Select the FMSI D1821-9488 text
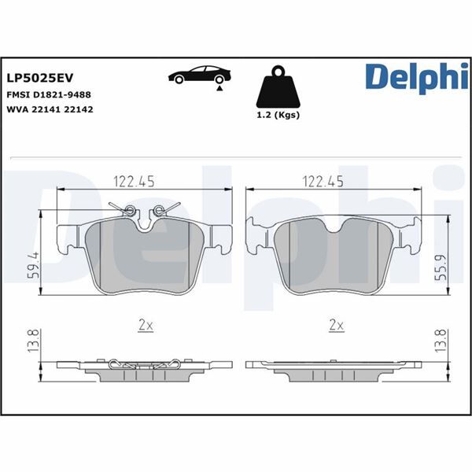tap(49, 94)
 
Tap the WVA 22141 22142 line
tap(50, 109)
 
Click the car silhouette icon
tap(200, 76)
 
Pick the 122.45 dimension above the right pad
tap(324, 181)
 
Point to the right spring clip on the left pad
tap(164, 209)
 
